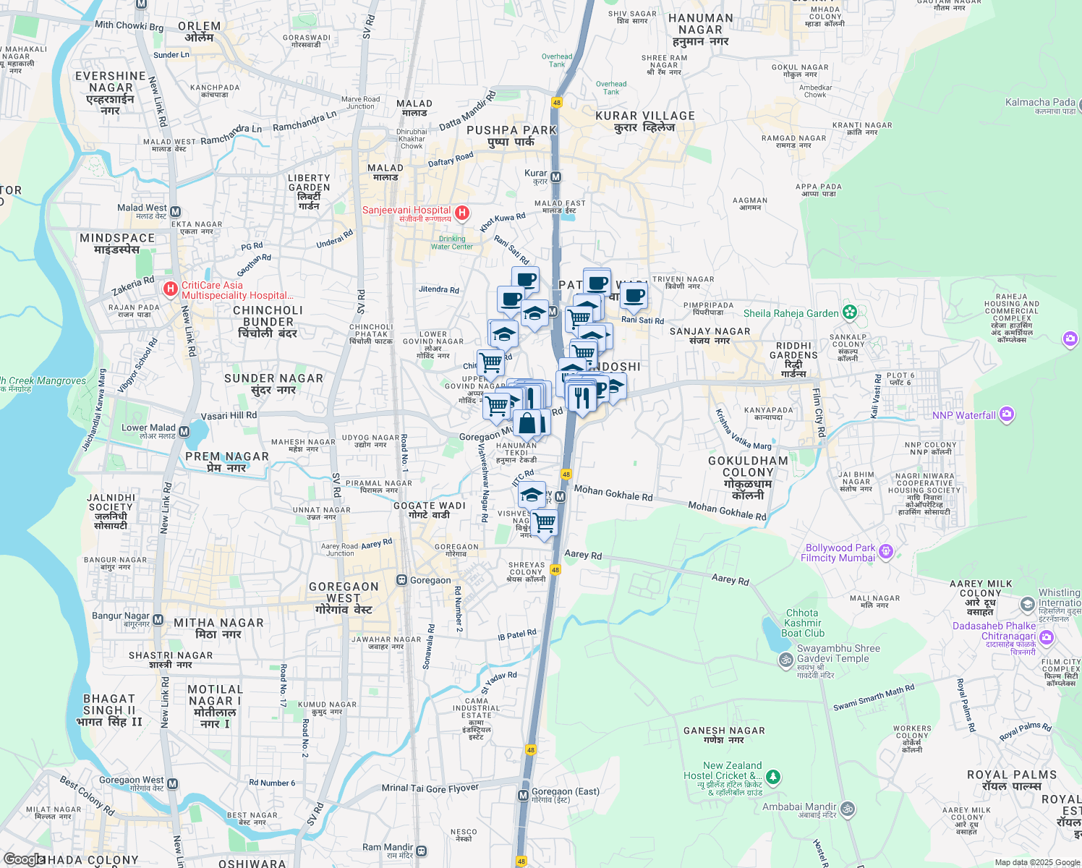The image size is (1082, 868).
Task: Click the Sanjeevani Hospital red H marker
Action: [462, 213]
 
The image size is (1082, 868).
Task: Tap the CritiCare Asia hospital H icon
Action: [171, 289]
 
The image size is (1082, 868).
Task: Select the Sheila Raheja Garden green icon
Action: [850, 313]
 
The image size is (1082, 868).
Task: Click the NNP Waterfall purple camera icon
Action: [1007, 415]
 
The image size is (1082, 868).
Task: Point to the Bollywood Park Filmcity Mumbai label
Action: [840, 553]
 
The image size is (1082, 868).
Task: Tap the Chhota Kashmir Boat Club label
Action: [803, 622]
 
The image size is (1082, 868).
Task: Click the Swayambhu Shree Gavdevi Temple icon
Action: [785, 659]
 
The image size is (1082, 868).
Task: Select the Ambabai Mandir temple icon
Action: [848, 808]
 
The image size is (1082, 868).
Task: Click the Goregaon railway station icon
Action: [401, 580]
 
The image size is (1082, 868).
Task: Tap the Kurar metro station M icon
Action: [556, 177]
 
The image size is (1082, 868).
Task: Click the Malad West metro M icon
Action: [175, 212]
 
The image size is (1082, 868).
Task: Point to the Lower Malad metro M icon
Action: [184, 432]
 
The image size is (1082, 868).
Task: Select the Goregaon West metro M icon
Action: [172, 784]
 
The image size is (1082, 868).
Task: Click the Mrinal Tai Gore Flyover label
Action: [430, 788]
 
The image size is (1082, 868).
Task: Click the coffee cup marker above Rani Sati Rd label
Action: [634, 295]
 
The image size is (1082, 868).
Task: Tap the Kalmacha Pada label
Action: [1040, 103]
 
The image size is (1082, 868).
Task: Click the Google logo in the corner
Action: [23, 859]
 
